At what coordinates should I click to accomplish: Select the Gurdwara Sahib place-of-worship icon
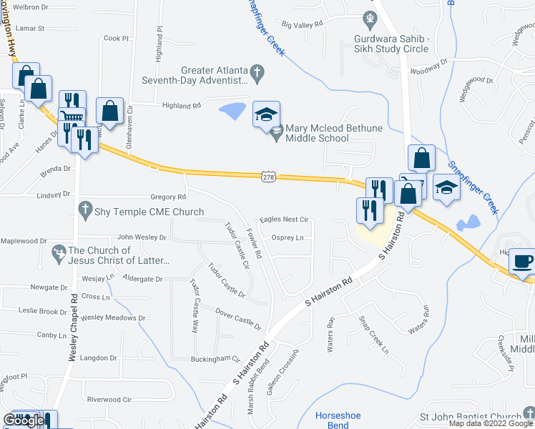point(370,17)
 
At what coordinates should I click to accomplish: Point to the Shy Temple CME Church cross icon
point(84,212)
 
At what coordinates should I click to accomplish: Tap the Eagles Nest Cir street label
point(284,220)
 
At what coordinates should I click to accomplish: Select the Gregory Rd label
point(168,197)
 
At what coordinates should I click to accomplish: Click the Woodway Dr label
point(428,70)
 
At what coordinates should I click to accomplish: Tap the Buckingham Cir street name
point(215,359)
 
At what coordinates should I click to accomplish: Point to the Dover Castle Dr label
point(239,318)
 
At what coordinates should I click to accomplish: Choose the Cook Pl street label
point(116,39)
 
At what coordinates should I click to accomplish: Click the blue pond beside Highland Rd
point(232,111)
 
